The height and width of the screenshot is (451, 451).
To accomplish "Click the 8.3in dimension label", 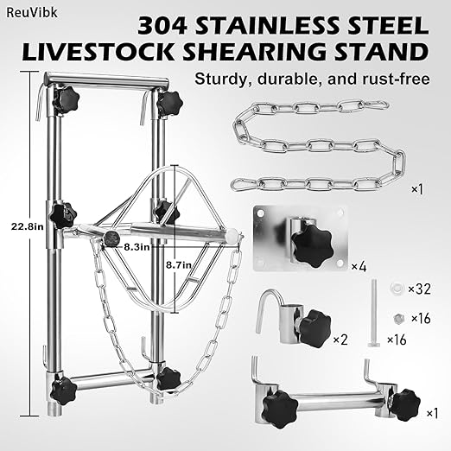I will point(136,246).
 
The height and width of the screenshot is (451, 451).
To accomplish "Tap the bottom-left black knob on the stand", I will point(62,391).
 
